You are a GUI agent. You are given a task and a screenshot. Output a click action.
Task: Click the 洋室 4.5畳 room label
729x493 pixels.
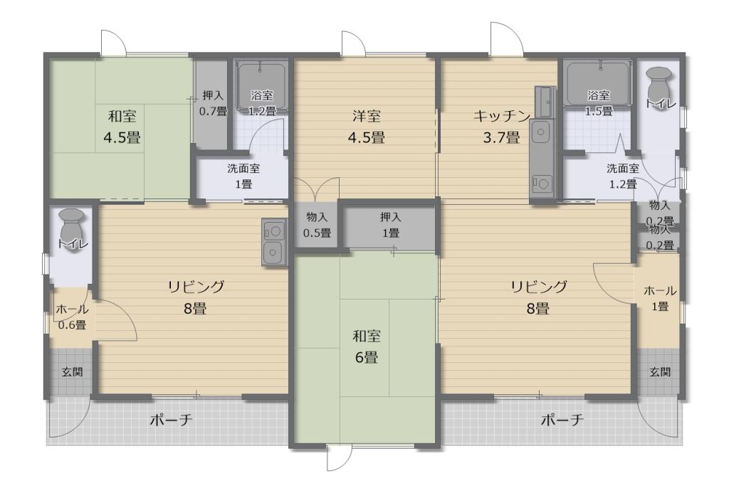click(x=367, y=127)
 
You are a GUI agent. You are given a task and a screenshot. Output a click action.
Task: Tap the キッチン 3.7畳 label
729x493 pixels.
click(x=502, y=127)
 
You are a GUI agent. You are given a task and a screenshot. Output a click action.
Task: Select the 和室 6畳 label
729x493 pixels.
click(x=367, y=346)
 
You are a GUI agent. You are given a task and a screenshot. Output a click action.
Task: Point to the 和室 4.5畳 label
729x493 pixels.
click(x=122, y=127)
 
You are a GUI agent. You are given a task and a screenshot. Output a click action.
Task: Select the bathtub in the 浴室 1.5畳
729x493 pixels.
click(x=598, y=84)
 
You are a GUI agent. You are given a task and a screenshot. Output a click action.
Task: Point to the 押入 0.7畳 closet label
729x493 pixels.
click(x=213, y=103)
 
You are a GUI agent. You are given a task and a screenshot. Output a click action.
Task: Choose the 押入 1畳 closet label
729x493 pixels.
click(x=391, y=225)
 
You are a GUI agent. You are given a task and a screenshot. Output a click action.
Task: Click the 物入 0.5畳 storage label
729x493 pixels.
click(x=317, y=225)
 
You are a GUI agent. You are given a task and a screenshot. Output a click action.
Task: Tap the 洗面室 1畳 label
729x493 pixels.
click(x=243, y=176)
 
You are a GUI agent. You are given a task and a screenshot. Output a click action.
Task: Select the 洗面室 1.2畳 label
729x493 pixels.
click(x=623, y=176)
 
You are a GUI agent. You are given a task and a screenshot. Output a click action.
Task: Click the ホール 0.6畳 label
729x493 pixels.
click(x=72, y=317)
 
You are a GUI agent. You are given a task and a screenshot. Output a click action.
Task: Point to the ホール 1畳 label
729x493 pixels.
click(x=660, y=298)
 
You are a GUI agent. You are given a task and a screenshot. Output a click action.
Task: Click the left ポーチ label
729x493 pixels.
click(x=171, y=420)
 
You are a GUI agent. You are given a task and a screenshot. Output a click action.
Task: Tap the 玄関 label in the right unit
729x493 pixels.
click(x=660, y=372)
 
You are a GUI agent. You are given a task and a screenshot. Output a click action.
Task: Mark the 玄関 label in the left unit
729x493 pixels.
click(x=72, y=372)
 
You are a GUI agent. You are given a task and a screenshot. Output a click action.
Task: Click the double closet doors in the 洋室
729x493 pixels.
click(x=316, y=189)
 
